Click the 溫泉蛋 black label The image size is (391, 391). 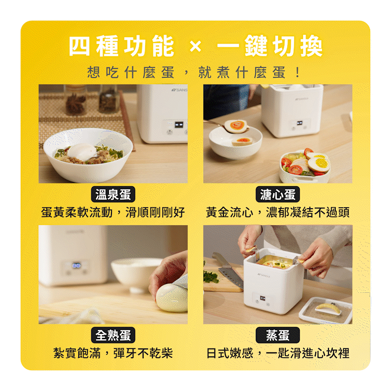113,194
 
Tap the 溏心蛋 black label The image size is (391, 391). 278,194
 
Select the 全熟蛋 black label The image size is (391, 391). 113,335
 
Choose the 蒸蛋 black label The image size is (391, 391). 278,335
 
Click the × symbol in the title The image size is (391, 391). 195,46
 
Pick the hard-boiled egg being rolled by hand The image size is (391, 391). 172,298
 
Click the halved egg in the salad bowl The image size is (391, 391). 319,164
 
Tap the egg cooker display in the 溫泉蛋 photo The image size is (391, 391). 178,125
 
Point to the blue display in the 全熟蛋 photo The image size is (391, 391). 76,265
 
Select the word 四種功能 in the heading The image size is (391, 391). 121,46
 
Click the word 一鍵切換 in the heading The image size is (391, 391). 270,46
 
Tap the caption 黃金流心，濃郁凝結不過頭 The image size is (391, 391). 278,213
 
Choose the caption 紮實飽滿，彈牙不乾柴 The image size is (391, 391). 113,353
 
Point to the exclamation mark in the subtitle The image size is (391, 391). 298,72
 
